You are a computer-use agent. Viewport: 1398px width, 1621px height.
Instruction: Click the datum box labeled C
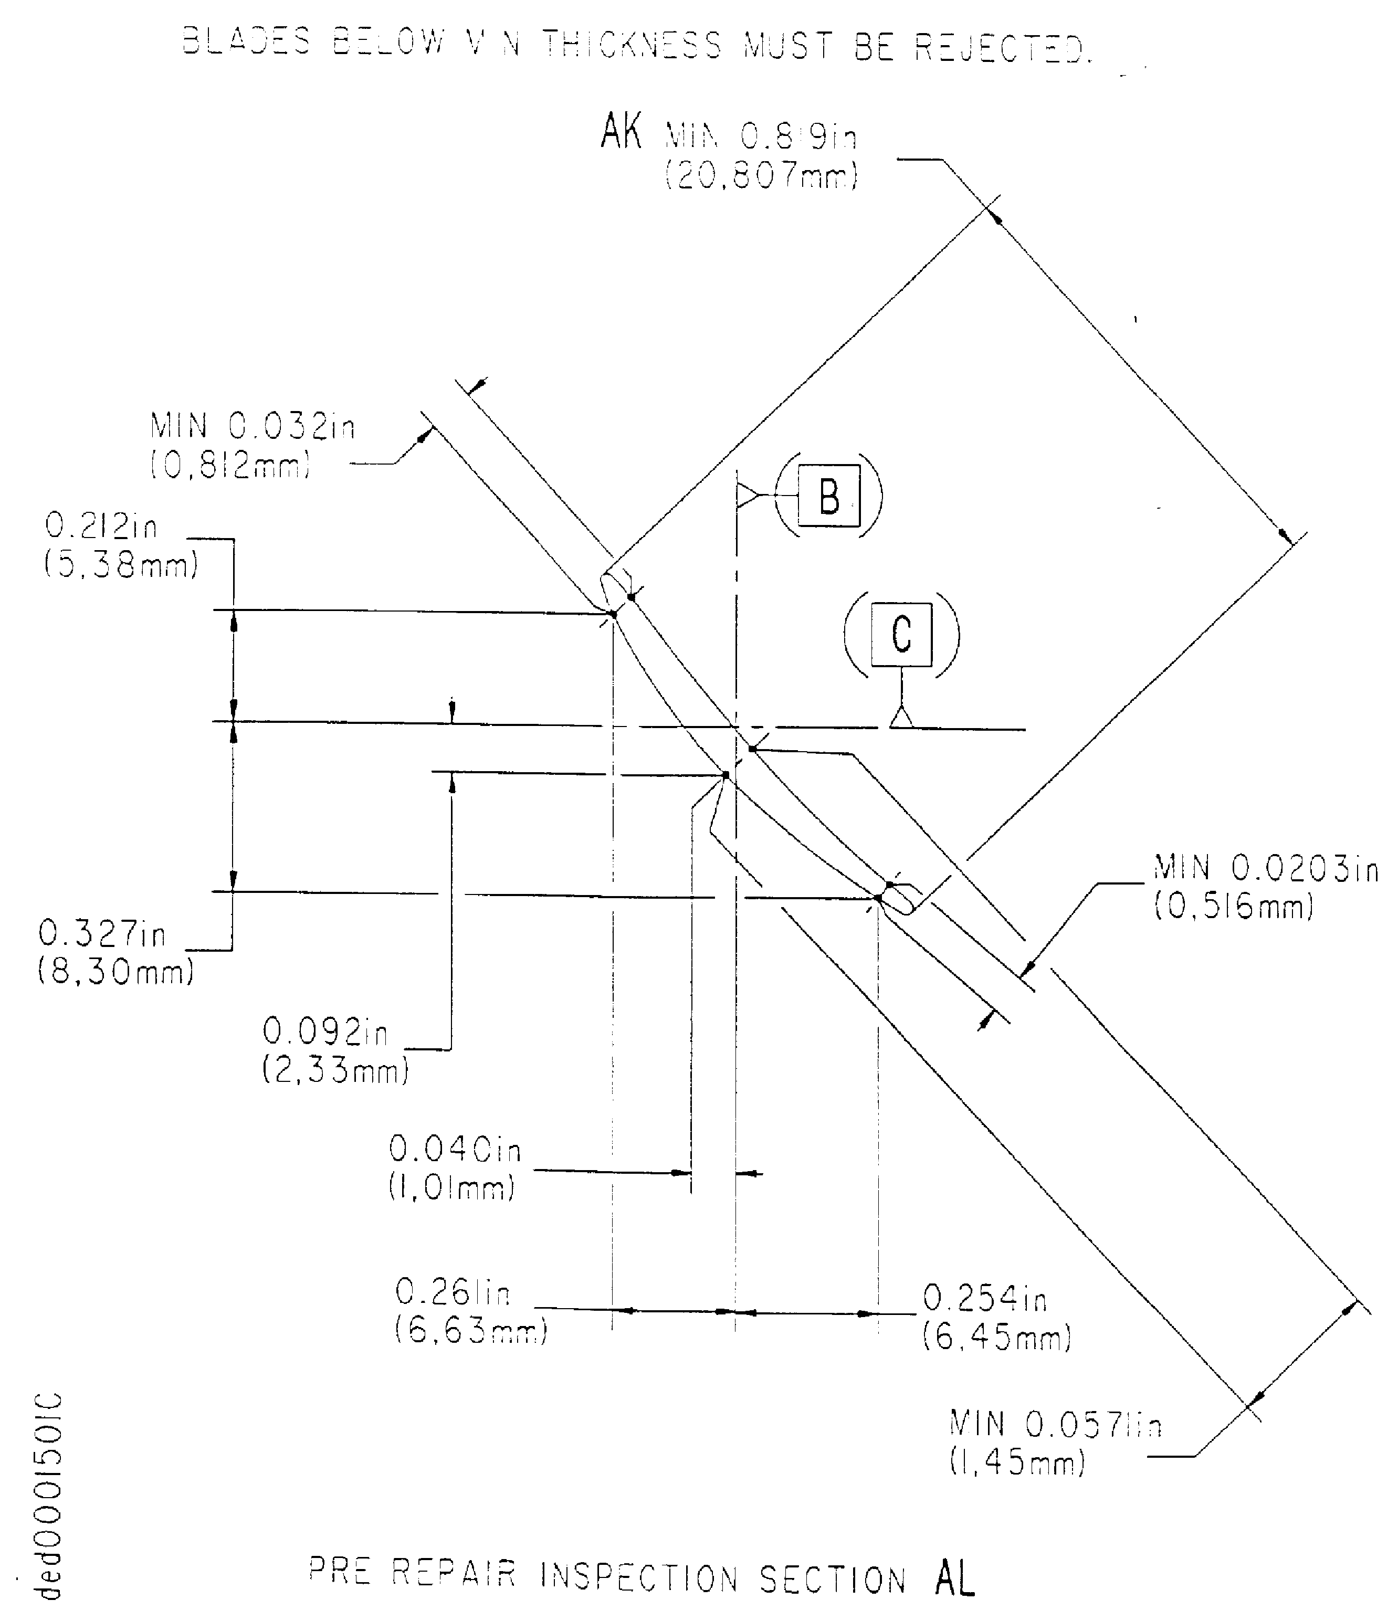901,635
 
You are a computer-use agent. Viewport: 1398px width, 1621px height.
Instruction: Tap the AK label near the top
621,131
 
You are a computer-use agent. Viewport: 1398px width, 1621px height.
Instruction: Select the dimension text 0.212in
102,526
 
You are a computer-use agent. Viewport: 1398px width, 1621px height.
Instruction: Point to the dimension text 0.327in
102,933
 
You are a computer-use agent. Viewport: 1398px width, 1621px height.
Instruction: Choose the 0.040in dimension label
455,1149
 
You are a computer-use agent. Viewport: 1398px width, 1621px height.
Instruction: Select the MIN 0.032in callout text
253,427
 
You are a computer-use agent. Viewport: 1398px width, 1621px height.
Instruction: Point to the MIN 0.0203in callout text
1266,868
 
